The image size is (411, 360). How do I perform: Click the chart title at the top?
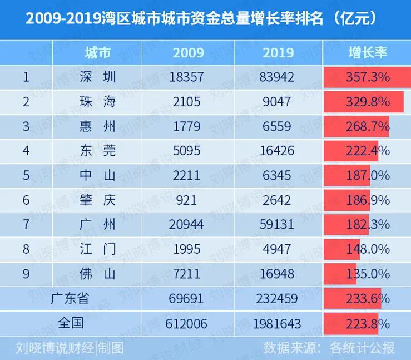(x=205, y=18)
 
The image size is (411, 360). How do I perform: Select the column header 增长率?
(x=367, y=53)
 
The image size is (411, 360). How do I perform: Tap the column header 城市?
(x=97, y=53)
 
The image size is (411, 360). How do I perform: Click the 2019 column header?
(x=278, y=53)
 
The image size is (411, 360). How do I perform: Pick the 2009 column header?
(x=188, y=53)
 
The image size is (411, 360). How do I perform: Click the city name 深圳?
(x=97, y=77)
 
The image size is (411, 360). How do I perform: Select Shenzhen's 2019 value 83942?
(x=278, y=77)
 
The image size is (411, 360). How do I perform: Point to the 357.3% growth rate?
(x=367, y=77)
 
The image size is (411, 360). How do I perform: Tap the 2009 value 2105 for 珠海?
(x=188, y=102)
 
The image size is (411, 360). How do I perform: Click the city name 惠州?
(x=97, y=126)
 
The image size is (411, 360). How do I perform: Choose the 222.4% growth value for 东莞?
(x=367, y=151)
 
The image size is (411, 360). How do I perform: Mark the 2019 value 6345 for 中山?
(x=278, y=175)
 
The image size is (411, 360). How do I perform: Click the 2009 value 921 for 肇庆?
(x=188, y=200)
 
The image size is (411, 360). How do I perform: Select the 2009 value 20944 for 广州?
(x=188, y=224)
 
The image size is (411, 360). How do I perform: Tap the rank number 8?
(x=26, y=249)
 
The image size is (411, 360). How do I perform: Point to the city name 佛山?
(x=97, y=273)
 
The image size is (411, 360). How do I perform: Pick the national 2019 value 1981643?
(x=278, y=323)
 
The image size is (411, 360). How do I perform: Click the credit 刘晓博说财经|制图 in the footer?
(x=70, y=348)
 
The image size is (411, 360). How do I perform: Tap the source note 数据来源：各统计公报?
(x=329, y=348)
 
